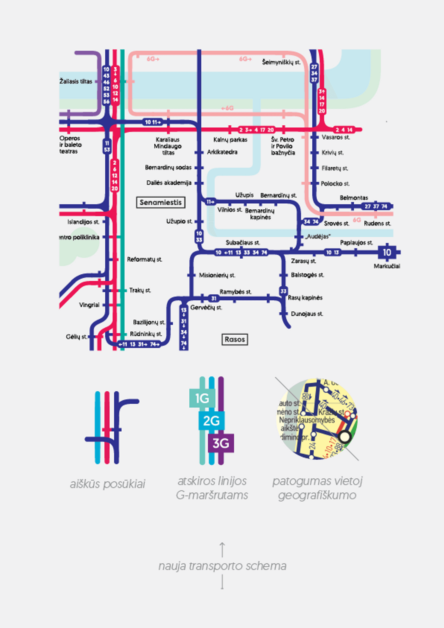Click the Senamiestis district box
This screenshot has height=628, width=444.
click(161, 202)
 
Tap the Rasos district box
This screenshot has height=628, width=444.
click(235, 339)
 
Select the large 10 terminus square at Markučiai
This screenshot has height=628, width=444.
click(387, 252)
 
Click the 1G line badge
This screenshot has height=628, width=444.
click(202, 398)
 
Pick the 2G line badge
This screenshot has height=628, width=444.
click(212, 421)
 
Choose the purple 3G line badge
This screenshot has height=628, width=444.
click(221, 443)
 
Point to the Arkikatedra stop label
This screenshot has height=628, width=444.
click(222, 152)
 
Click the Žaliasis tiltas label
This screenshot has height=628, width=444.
click(76, 81)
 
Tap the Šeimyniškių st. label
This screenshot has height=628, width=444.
click(281, 62)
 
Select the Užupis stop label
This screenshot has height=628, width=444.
click(244, 195)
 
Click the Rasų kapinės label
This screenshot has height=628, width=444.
click(305, 298)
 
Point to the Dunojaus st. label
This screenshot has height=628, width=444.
click(307, 314)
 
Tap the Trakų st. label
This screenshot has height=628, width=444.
click(140, 290)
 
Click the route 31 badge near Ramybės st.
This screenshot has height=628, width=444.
click(214, 298)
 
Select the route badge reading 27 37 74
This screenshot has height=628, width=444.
click(376, 206)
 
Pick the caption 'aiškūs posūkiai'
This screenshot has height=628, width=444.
click(107, 484)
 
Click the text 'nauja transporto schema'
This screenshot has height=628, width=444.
click(222, 566)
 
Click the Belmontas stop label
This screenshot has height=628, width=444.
click(354, 198)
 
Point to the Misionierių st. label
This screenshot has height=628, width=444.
click(217, 275)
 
